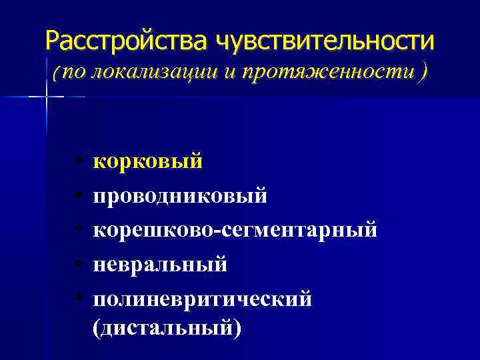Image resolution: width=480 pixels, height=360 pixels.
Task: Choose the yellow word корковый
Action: (x=147, y=161)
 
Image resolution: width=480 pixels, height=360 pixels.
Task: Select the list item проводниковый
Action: (x=180, y=196)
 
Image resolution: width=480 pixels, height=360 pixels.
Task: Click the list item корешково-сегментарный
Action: (x=235, y=230)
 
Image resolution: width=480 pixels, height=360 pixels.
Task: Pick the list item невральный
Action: (x=160, y=265)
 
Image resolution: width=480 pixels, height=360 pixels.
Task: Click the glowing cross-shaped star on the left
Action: (x=47, y=97)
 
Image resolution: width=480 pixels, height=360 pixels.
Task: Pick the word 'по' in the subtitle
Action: (x=75, y=73)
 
